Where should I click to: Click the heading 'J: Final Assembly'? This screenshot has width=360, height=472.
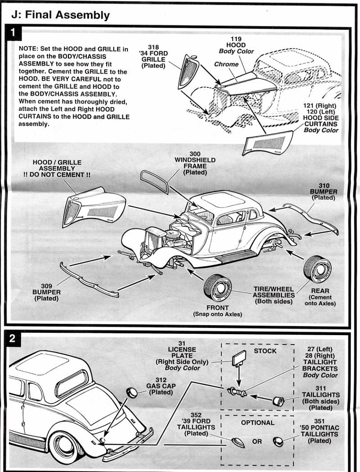(60, 15)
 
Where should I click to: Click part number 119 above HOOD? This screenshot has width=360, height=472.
(236, 39)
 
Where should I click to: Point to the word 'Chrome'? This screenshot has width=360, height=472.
(226, 64)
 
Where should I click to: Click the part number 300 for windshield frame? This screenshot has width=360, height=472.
(195, 154)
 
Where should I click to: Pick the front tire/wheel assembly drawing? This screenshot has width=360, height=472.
(217, 288)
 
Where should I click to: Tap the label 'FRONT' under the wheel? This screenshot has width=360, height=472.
(217, 308)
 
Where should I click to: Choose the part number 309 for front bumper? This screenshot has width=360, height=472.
(46, 286)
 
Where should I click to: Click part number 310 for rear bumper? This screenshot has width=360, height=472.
(324, 185)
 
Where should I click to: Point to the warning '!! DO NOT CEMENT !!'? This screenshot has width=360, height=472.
(57, 175)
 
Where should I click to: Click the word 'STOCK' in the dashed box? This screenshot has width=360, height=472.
(265, 351)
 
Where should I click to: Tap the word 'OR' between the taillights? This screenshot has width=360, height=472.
(257, 442)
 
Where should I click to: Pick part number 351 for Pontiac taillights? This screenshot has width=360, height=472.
(319, 421)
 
